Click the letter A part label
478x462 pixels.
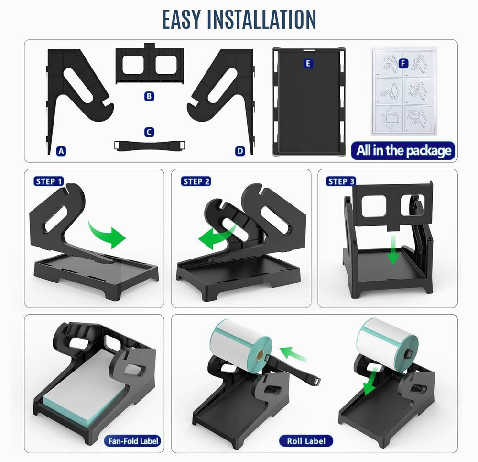(61, 151)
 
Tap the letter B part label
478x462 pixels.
(149, 97)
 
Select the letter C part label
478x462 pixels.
(149, 132)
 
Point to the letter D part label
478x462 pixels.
(240, 151)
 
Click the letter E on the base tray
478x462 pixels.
(308, 64)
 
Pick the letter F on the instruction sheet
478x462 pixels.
(403, 64)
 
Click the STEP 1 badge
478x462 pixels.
(49, 181)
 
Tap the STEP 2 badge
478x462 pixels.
(196, 181)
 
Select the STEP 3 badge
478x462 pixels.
(341, 181)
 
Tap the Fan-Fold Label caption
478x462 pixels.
(133, 441)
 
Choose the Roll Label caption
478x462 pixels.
(306, 441)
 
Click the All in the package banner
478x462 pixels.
(403, 150)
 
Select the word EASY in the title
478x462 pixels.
(181, 19)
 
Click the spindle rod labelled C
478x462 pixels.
(150, 146)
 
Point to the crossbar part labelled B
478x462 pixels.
(149, 64)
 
